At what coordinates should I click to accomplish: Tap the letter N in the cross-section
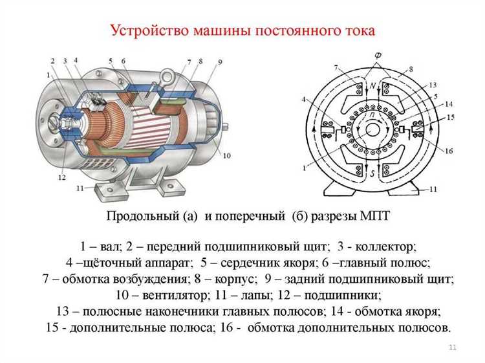373,87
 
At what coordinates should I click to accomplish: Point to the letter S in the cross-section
372,173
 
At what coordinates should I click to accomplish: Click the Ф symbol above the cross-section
378,56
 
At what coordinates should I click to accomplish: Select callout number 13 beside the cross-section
433,85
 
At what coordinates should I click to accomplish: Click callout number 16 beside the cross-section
449,151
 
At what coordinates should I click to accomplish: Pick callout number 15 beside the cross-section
451,117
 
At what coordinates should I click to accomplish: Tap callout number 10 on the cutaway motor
227,156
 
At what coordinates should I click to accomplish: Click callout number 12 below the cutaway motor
62,177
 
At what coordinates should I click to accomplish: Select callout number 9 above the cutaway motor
220,62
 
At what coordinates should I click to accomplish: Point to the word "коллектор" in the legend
385,247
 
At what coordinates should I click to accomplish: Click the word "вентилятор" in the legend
175,295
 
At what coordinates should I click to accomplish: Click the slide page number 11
453,347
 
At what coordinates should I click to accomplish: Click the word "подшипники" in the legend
342,296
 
